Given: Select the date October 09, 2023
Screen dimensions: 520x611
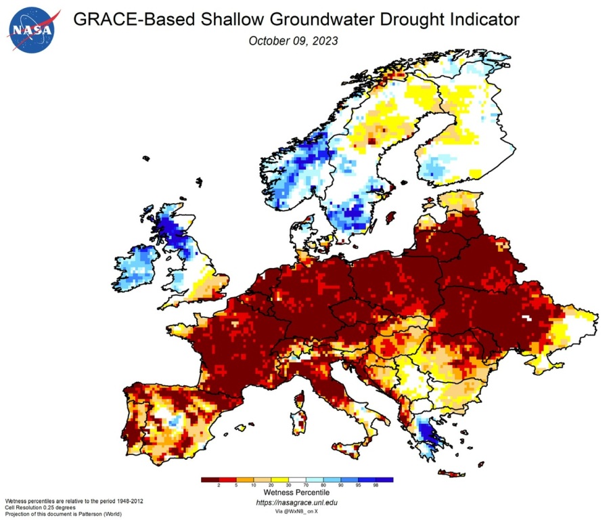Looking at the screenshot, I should click(293, 41).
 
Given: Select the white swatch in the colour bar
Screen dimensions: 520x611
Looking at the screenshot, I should click(297, 480).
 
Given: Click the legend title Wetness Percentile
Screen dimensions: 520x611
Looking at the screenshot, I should click(296, 494).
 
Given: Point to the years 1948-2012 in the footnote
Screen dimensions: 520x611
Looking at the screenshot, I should click(128, 500).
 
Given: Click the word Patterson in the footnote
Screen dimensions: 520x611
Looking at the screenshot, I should click(103, 512).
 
